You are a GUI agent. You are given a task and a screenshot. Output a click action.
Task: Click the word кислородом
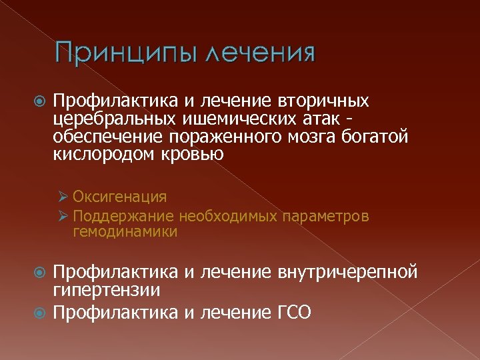pos(105,155)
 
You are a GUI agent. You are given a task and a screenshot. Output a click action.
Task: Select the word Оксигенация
pos(120,197)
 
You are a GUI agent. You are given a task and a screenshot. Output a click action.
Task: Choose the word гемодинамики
pos(125,231)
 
